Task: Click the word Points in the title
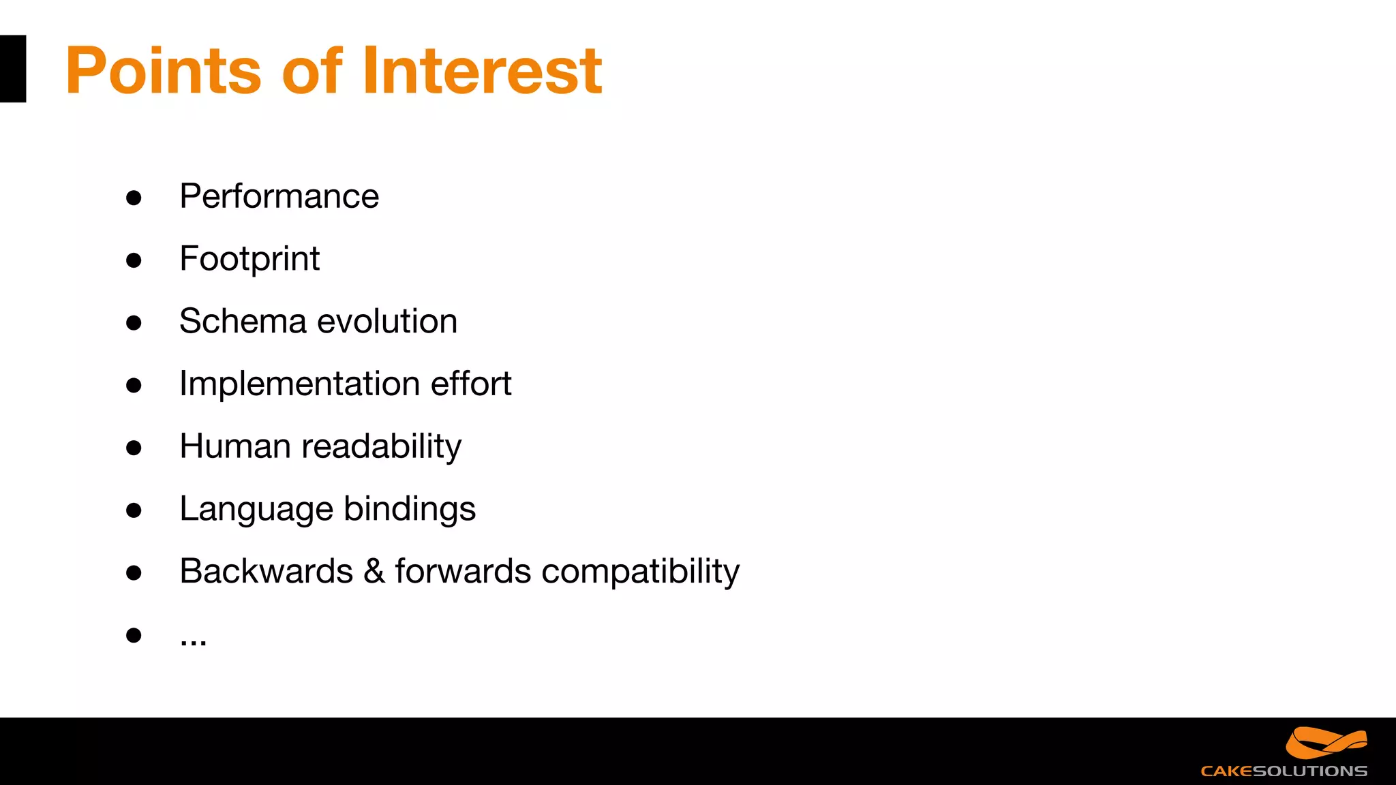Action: (164, 71)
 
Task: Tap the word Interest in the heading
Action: (482, 71)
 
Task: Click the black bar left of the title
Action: (12, 69)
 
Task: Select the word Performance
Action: (279, 197)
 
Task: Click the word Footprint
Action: (249, 259)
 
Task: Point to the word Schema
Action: (243, 321)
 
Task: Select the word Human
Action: (235, 446)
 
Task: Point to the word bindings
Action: (409, 510)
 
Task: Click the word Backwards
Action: (266, 571)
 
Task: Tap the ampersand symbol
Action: (374, 571)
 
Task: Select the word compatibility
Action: (639, 572)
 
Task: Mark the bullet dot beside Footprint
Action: (134, 260)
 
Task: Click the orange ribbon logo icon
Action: (1326, 743)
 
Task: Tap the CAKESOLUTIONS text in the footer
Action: (1284, 771)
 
